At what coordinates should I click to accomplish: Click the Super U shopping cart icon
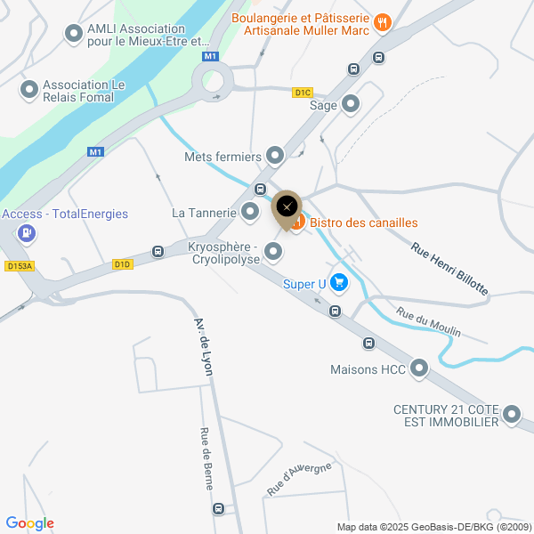(338, 283)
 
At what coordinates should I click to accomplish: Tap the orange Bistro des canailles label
(363, 222)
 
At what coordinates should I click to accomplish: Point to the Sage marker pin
(351, 104)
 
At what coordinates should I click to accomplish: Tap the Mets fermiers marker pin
(275, 157)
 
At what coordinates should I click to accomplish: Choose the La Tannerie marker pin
(250, 212)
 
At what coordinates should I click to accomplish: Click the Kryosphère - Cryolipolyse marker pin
(273, 253)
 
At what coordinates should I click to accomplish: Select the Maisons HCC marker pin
(418, 368)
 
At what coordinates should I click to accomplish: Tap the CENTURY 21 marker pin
(512, 415)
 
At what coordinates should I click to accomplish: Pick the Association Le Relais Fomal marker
(29, 90)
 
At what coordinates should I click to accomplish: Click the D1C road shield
(303, 93)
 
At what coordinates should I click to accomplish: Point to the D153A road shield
(18, 265)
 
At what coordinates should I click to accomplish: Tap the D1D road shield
(122, 264)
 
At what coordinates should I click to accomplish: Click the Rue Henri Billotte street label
(449, 268)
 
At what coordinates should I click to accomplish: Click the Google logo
(29, 523)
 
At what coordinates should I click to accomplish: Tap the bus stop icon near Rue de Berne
(219, 509)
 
